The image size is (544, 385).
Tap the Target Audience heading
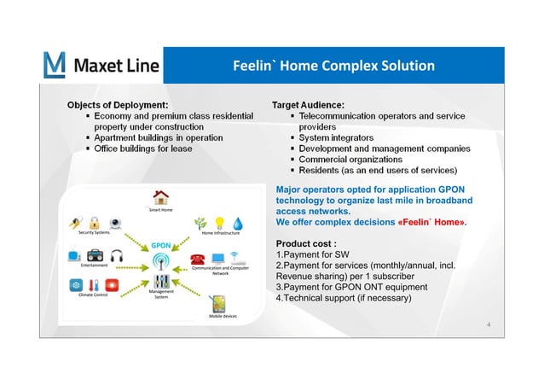tap(307, 104)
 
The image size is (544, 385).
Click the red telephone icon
tap(198, 258)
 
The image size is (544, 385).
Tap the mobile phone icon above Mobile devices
tap(217, 304)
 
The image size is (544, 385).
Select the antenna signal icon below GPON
tap(161, 260)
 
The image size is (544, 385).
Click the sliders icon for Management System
tap(161, 281)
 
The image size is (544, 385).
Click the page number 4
tap(487, 325)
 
